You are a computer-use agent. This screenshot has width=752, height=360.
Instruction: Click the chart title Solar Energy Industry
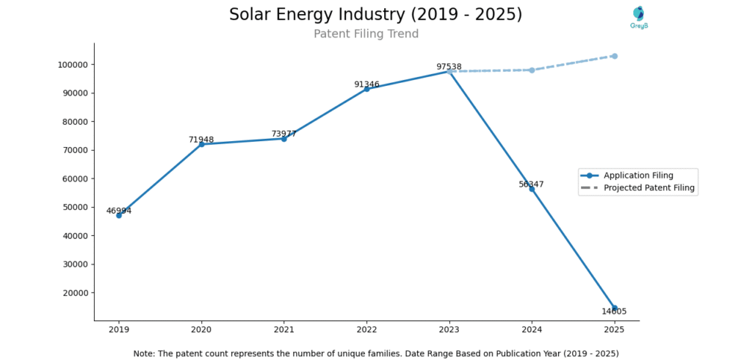tap(375, 15)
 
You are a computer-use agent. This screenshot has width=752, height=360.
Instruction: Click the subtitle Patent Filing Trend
tap(366, 34)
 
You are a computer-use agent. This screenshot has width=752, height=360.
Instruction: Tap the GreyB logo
tap(639, 17)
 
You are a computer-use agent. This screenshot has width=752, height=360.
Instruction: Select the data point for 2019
tap(119, 215)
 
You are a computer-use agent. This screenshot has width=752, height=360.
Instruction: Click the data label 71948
tap(200, 140)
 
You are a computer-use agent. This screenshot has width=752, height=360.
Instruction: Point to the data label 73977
tap(283, 134)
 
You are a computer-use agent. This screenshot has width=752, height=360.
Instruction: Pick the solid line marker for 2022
tap(366, 89)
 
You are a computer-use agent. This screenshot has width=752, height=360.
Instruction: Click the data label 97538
tap(449, 67)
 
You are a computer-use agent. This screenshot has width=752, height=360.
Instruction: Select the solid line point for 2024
tap(532, 189)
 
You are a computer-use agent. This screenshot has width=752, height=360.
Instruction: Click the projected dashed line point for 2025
tap(615, 56)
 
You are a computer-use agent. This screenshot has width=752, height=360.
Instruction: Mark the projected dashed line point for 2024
tap(532, 70)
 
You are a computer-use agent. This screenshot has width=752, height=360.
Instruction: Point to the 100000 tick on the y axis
tap(73, 65)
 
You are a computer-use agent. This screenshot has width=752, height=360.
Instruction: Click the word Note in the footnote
tap(145, 353)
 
